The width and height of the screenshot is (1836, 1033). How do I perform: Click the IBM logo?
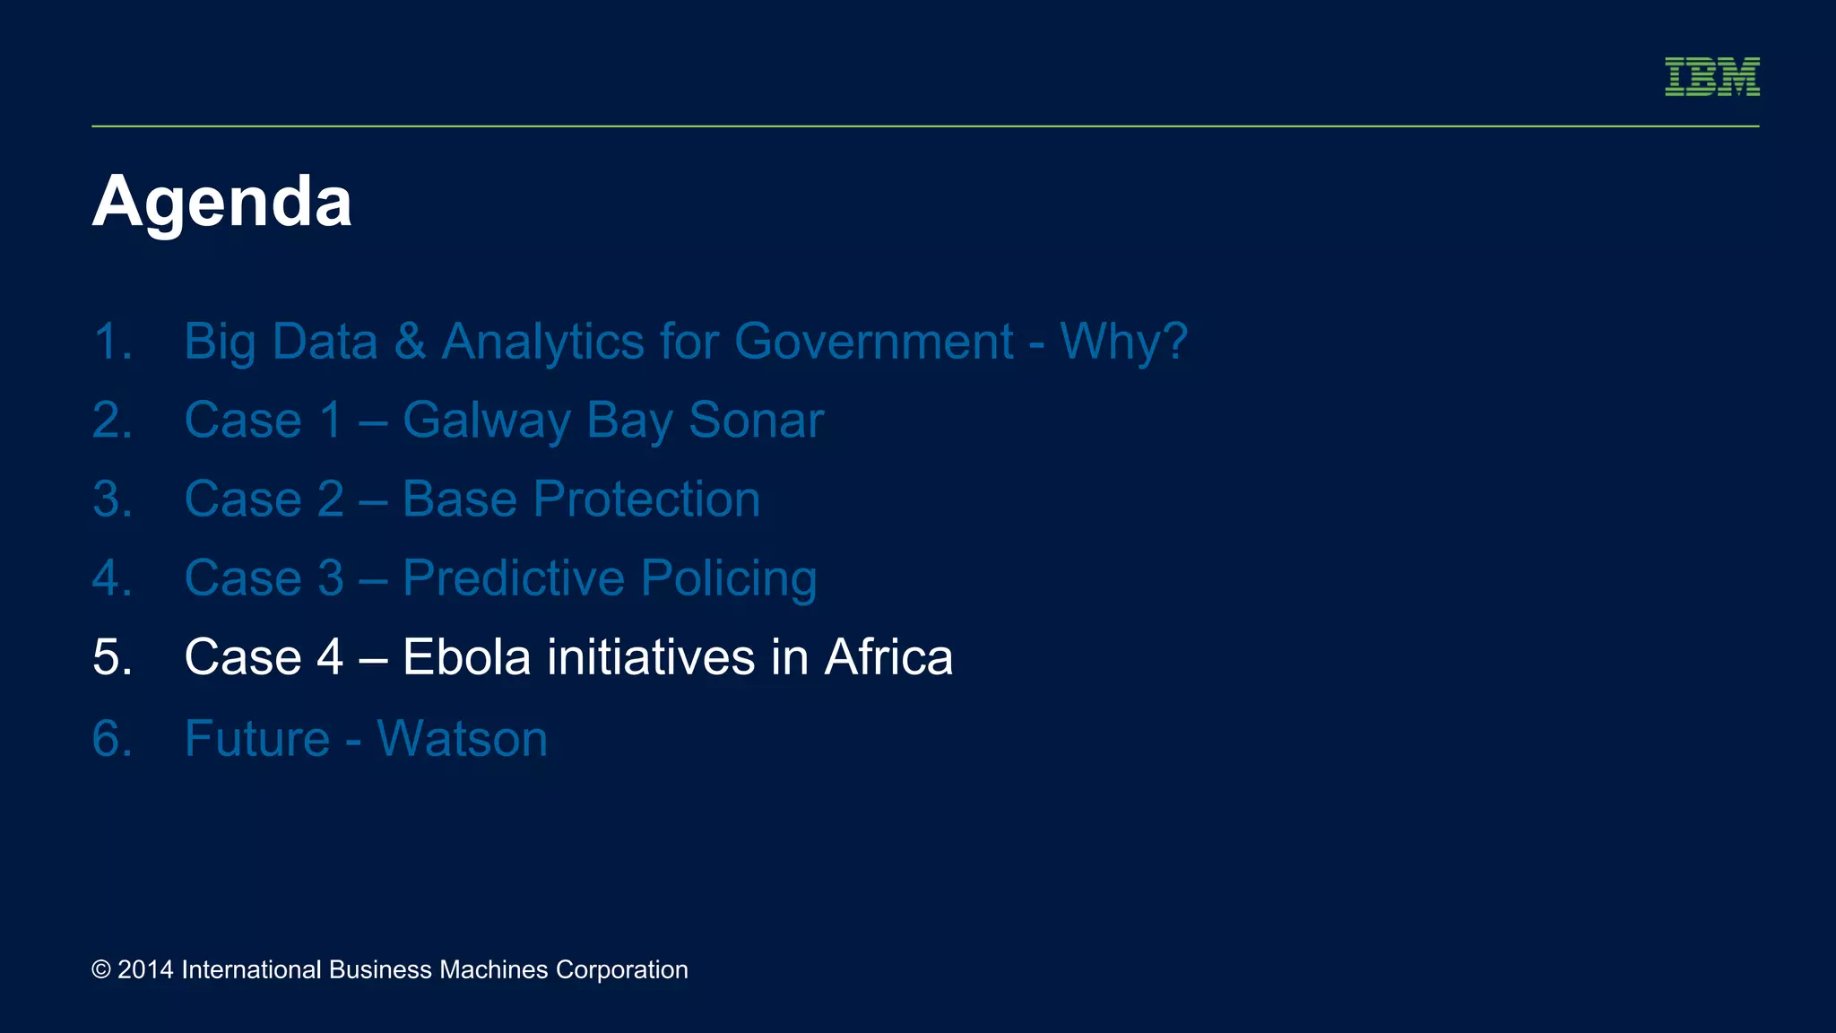1711,76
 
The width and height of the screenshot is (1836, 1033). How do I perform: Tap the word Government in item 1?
873,342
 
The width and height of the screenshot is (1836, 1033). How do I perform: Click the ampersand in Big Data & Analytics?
410,342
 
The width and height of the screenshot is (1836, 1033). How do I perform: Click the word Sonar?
756,421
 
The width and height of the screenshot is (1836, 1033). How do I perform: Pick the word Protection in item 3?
645,499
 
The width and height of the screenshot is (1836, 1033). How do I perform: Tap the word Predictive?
513,578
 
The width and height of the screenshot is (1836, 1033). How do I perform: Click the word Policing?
728,578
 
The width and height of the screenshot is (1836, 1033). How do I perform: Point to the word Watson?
462,739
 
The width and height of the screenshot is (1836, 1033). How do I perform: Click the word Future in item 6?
257,739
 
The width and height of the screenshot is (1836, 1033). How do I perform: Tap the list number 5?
112,657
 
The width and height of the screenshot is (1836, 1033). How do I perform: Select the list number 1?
112,342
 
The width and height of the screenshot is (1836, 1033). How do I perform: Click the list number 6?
112,739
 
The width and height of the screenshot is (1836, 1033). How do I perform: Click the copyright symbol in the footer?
101,970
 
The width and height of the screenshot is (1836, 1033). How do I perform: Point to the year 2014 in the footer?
145,970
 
